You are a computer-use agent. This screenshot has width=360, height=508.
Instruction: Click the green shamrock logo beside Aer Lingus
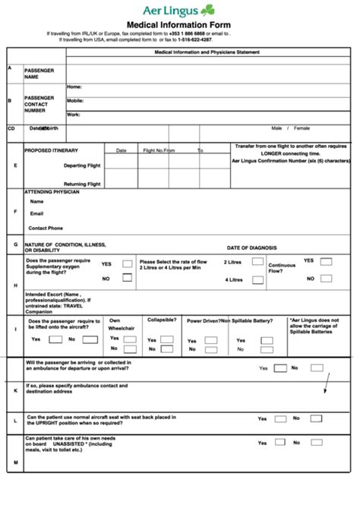(229, 10)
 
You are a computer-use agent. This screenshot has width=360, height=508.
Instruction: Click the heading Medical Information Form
(180, 24)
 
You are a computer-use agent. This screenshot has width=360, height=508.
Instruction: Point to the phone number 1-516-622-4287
(194, 40)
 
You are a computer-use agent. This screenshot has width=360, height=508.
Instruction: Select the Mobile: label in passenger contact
(75, 100)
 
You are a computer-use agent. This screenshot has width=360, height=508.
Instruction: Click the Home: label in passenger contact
(74, 87)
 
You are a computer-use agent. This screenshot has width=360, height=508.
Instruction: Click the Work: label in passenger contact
(74, 114)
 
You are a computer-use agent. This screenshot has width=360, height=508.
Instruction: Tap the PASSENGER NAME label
(39, 74)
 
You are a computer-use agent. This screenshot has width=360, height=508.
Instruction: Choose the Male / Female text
(296, 128)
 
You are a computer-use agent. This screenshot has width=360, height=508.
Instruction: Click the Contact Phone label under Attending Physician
(46, 228)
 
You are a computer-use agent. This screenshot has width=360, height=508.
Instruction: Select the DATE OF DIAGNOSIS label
(252, 248)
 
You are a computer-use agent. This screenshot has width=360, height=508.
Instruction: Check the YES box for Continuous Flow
(326, 260)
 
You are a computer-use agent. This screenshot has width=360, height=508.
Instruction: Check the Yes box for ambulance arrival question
(280, 368)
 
